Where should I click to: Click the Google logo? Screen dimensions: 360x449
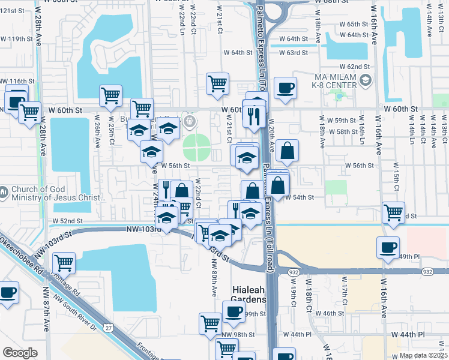20,353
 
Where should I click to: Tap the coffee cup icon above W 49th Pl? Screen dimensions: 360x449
388,247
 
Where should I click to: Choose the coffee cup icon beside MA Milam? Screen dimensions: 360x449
285,88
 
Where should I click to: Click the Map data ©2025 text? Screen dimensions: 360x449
424,355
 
